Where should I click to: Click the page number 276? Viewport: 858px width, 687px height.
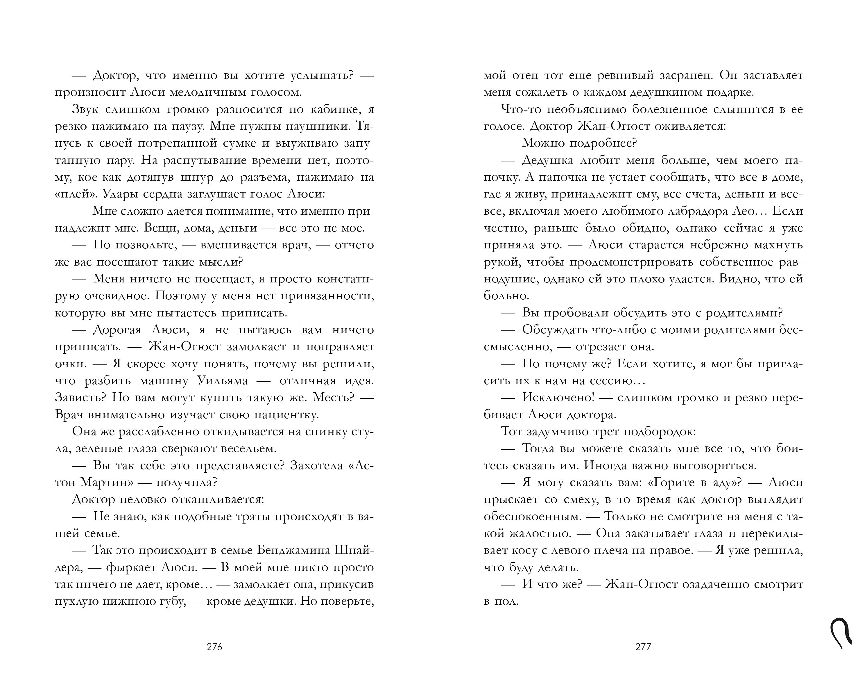[214, 647]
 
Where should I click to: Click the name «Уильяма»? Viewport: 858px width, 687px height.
[223, 381]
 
